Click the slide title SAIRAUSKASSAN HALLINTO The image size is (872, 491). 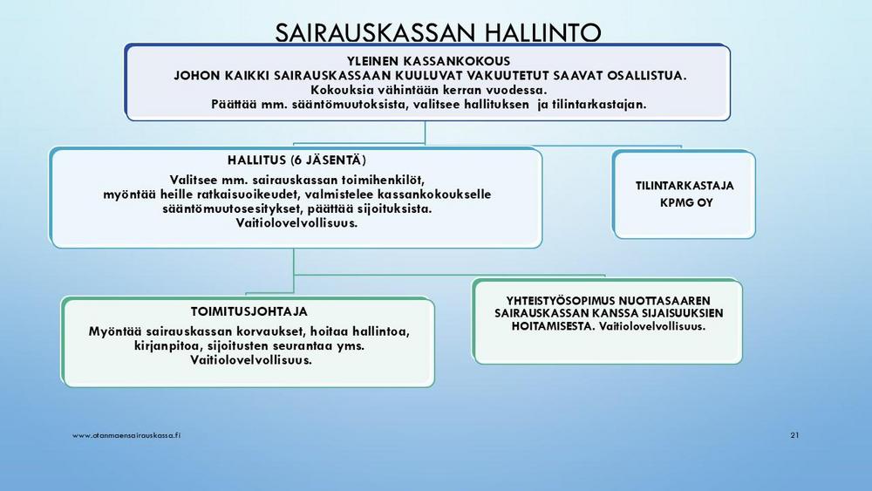[x=438, y=32]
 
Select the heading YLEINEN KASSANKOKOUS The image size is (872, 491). [x=428, y=61]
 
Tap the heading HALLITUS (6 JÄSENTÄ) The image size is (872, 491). [x=296, y=160]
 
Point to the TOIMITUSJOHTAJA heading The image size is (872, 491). [x=249, y=311]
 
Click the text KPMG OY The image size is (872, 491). [x=685, y=202]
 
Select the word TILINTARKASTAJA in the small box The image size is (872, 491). [x=685, y=186]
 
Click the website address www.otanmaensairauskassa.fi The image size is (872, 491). [x=126, y=435]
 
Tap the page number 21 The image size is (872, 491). [x=794, y=435]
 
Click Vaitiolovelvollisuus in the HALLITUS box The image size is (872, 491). [x=296, y=223]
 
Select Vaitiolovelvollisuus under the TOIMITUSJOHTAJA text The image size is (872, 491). [x=251, y=360]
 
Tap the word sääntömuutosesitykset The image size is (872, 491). [x=225, y=209]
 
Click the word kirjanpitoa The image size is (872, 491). [x=168, y=346]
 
